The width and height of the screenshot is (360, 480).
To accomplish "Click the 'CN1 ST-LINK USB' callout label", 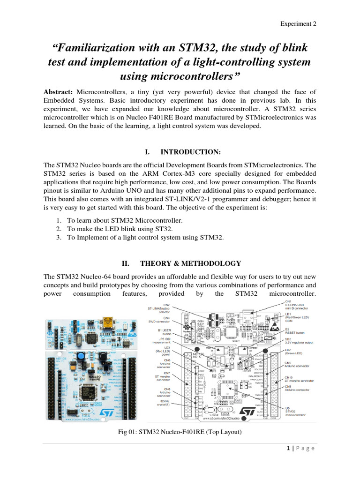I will click(297, 305).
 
